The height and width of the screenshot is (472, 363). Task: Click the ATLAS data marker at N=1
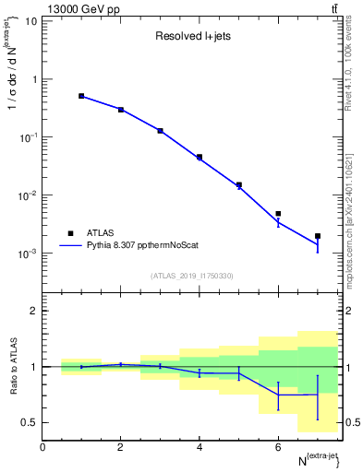coord(81,96)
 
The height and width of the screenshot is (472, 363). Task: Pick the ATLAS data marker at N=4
coord(200,157)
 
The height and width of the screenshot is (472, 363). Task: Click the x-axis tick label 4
coord(200,447)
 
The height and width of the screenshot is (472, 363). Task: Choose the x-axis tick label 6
coord(278,447)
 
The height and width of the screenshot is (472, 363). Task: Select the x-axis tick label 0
coord(42,447)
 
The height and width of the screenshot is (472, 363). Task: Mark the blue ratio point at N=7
coord(318,395)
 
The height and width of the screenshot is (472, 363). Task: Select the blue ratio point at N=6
coord(278,395)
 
